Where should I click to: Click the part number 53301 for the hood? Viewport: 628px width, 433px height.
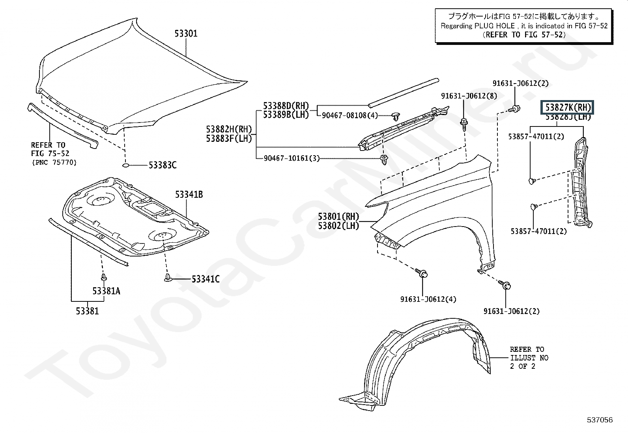186,34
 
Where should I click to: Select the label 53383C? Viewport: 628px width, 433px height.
163,165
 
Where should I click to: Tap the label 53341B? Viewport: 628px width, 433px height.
189,195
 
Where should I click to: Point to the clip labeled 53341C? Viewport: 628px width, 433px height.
168,278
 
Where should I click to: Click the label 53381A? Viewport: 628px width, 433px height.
106,291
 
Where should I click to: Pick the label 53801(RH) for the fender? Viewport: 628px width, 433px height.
338,216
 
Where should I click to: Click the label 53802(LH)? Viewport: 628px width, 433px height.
338,226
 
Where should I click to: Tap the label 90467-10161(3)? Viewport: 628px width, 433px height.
292,158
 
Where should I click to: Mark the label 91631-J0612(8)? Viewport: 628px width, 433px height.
469,96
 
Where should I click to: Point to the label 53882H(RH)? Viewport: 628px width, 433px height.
229,129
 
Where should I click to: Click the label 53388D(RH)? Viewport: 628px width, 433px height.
286,106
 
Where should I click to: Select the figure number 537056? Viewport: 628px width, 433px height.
600,420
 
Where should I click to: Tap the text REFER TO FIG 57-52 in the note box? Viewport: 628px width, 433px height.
524,35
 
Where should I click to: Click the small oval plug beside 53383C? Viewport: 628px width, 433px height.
125,165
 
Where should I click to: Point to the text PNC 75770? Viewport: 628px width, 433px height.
54,162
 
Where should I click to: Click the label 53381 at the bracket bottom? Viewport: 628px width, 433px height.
88,311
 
